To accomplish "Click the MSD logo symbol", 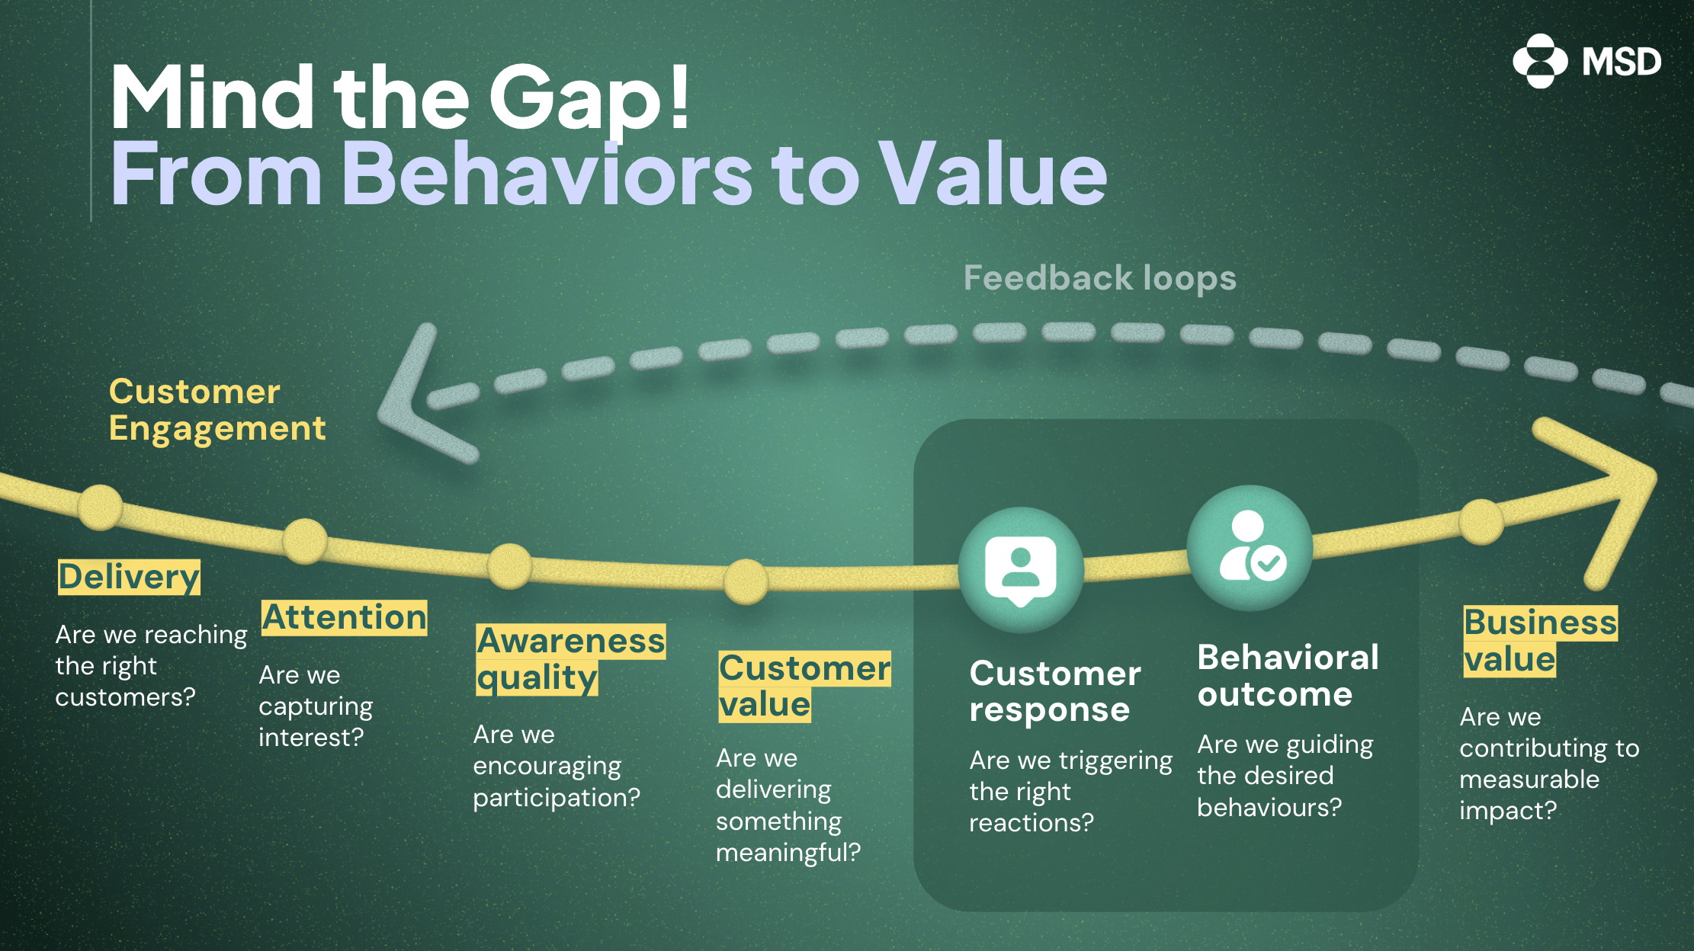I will [x=1539, y=61].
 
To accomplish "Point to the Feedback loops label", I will [x=1099, y=278].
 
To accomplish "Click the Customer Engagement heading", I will [x=217, y=410].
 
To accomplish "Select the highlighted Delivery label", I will [x=129, y=577].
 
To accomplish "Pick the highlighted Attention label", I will [x=344, y=617].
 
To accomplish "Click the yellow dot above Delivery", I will [x=100, y=507].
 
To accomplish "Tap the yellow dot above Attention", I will [x=305, y=541].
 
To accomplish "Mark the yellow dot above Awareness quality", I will [x=509, y=566].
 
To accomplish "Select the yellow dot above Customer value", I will [x=746, y=581].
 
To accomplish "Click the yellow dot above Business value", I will [x=1481, y=522].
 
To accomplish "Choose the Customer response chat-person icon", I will [x=1020, y=570].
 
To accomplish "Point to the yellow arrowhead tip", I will [x=1651, y=476].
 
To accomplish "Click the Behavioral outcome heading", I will [x=1287, y=676].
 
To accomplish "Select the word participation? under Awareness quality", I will [x=557, y=798].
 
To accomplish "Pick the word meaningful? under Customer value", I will [x=788, y=853].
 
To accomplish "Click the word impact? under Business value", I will [x=1507, y=811].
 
